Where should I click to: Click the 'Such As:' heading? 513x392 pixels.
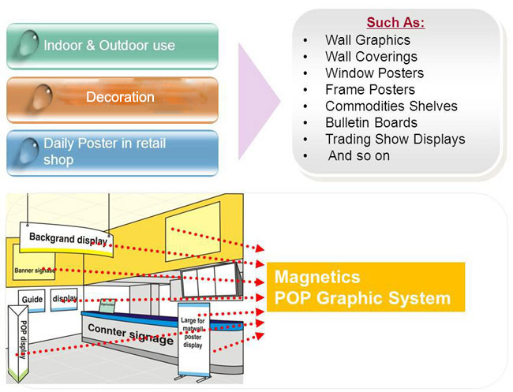pos(395,22)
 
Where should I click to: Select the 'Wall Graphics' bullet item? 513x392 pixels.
pos(368,40)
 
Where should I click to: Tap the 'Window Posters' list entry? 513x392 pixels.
pos(374,73)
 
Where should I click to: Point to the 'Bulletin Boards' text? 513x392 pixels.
pos(371,122)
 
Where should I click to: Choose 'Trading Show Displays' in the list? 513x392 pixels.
pos(395,140)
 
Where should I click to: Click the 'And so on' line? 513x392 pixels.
pos(359,155)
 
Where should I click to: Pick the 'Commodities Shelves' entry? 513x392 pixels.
pos(391,106)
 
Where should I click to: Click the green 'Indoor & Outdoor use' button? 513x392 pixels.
pos(112,46)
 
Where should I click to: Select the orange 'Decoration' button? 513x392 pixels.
pos(112,99)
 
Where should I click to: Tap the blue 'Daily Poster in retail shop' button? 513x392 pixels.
pos(112,153)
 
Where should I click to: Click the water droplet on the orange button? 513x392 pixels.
pos(42,97)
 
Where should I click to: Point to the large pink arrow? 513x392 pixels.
pos(259,101)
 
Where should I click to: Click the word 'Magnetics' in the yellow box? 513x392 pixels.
pos(317,277)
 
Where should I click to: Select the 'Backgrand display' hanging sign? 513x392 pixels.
pos(66,240)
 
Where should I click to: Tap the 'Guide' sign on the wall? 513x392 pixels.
pos(32,301)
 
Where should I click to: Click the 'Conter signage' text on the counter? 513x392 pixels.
pos(130,334)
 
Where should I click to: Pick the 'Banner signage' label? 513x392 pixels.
pos(35,271)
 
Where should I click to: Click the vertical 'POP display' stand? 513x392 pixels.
pos(18,343)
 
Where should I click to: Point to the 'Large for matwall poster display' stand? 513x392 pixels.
pos(193,340)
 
